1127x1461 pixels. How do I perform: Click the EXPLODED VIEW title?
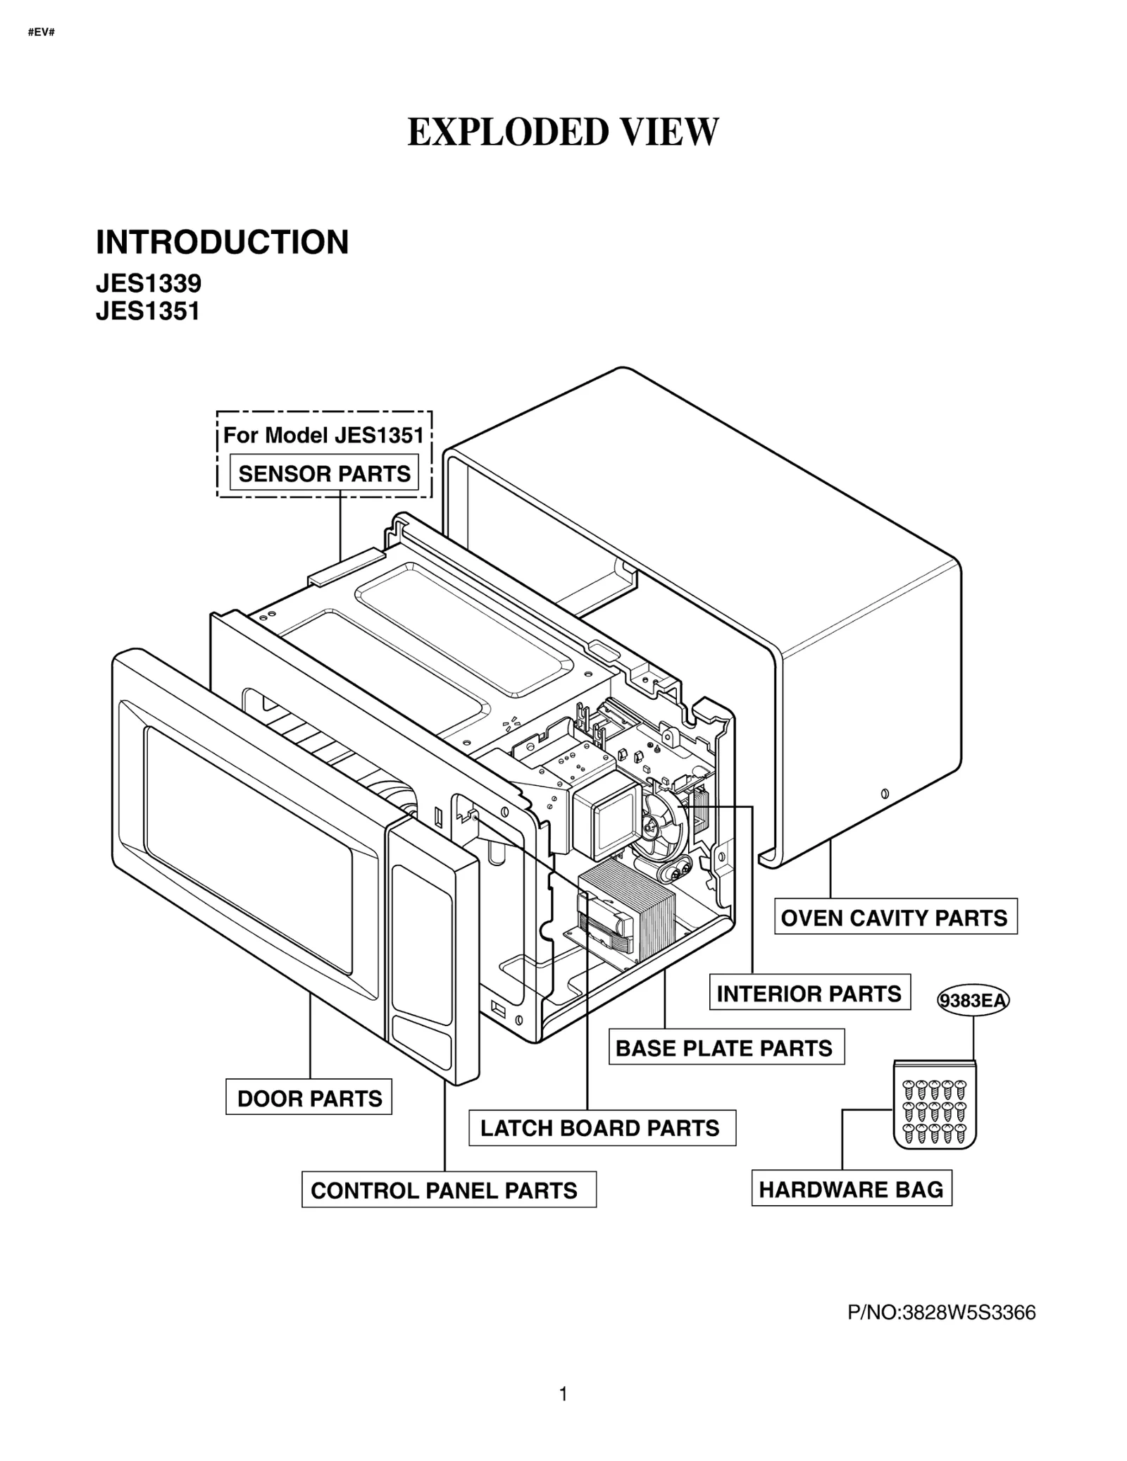coord(563,132)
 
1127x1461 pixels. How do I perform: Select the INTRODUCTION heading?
coord(222,242)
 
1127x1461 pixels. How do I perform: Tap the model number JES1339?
coord(149,283)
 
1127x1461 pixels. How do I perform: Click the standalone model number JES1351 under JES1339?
coord(148,311)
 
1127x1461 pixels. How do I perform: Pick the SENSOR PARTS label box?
coord(324,473)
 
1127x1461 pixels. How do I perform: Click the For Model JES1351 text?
coord(323,435)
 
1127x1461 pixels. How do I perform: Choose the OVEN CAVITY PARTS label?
coord(895,918)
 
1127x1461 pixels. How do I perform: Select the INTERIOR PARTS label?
coord(809,994)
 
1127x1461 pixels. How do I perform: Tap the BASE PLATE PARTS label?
coord(725,1048)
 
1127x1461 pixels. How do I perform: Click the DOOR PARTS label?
coord(309,1098)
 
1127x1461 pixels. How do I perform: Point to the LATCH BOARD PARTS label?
coord(601,1128)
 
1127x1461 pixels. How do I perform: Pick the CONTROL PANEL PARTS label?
coord(445,1190)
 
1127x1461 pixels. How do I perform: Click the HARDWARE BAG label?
coord(851,1190)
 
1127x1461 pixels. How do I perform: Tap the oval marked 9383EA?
coord(973,1001)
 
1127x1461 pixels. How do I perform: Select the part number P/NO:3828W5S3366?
coord(942,1312)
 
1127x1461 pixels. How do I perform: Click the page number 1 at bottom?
coord(563,1393)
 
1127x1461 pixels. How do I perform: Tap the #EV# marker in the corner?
coord(42,32)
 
